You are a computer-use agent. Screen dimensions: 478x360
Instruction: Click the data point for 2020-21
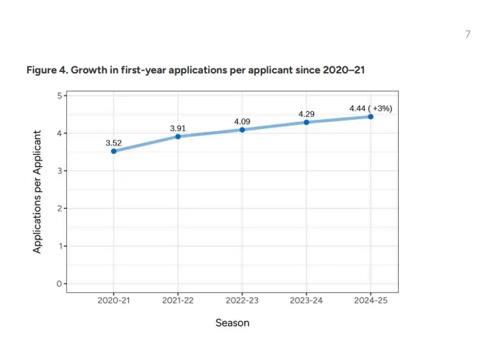(x=114, y=151)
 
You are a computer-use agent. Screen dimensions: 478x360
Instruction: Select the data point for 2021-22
(x=178, y=137)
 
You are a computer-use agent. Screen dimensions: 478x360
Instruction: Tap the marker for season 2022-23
(x=242, y=130)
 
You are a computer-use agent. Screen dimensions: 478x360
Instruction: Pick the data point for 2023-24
(x=306, y=123)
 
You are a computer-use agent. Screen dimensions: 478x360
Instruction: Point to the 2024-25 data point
(x=370, y=117)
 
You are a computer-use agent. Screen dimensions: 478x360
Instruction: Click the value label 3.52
(x=114, y=143)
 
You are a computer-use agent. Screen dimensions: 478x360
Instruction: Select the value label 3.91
(x=177, y=128)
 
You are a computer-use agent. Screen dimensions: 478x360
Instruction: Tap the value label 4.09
(x=242, y=122)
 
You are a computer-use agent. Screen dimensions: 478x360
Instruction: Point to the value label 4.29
(x=306, y=114)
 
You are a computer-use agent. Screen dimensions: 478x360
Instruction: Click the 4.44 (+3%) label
(x=370, y=108)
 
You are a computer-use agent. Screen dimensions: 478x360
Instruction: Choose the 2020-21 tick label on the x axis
(x=114, y=301)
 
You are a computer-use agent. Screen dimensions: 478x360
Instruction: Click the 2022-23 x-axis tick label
(x=242, y=301)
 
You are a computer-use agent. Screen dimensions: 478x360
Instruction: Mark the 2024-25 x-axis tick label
(x=370, y=301)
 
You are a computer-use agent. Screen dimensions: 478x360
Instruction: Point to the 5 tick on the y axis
(x=59, y=96)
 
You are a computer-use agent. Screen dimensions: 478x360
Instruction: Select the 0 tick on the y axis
(x=59, y=284)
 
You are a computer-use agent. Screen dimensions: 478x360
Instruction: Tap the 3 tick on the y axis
(x=59, y=171)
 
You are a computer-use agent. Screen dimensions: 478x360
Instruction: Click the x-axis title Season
(x=232, y=323)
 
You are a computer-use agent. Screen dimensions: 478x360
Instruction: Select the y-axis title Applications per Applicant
(x=37, y=192)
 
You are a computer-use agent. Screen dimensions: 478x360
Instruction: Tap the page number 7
(x=468, y=34)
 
